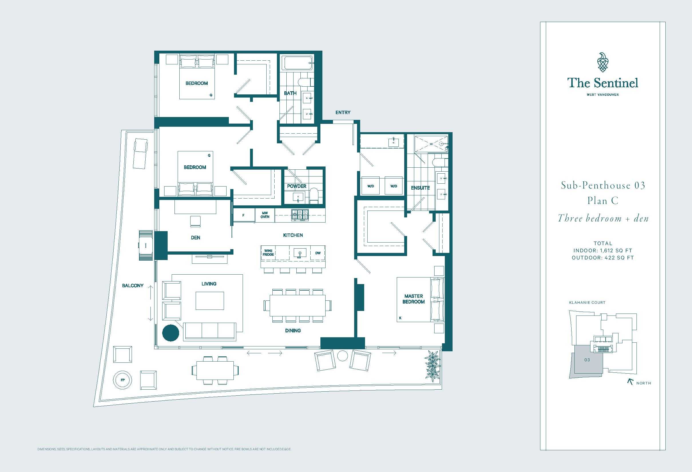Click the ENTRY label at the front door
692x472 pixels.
point(343,112)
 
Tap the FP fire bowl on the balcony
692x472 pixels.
point(122,380)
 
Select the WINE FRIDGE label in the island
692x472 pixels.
point(268,253)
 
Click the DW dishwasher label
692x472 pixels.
point(318,253)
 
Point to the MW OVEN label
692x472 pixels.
point(265,215)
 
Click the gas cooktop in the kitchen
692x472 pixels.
point(300,215)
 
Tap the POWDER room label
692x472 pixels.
point(297,186)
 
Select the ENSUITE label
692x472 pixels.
point(420,188)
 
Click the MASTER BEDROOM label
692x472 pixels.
point(414,299)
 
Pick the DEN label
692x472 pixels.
point(195,237)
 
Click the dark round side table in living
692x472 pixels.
point(170,332)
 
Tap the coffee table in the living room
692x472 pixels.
point(210,300)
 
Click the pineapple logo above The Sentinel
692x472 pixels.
point(603,62)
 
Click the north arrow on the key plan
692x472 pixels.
point(630,381)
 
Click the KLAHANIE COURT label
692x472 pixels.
point(587,302)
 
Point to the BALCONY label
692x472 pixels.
point(132,285)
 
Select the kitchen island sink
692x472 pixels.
point(300,253)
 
